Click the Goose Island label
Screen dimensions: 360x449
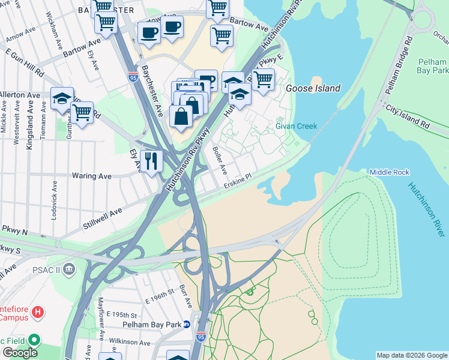pos(313,88)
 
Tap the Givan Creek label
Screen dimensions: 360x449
pos(296,126)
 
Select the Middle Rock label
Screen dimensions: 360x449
pos(389,172)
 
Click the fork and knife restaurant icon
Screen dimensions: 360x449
pos(151,161)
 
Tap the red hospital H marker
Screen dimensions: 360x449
pos(38,312)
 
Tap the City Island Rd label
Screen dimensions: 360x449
pos(408,117)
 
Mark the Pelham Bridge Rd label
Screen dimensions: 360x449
pos(397,66)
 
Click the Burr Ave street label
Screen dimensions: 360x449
pos(186,296)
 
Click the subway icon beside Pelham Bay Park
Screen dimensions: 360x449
pos(187,325)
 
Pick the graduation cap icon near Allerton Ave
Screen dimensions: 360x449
pos(62,98)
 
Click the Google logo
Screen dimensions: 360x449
pos(20,353)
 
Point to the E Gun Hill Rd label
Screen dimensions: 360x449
pos(23,65)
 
